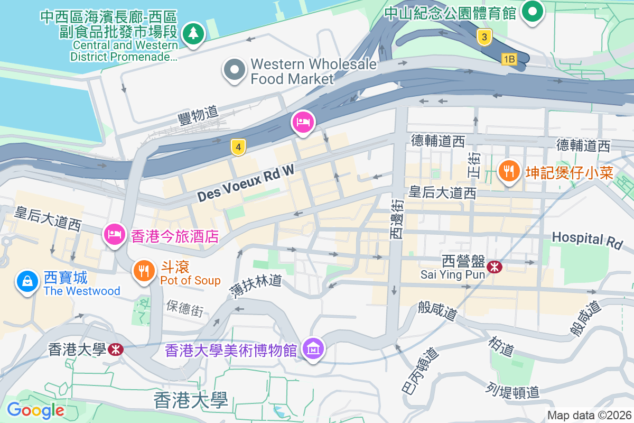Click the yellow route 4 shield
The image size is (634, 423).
[x=239, y=148]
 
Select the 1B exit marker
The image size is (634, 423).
[x=509, y=59]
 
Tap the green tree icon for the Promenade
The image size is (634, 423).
[x=194, y=34]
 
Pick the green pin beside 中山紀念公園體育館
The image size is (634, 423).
[x=533, y=11]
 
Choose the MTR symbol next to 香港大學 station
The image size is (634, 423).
[x=115, y=350]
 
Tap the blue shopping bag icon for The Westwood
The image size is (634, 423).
[x=27, y=281]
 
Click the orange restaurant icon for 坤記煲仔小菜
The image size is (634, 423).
[x=508, y=171]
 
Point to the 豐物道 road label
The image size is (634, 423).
[x=198, y=114]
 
